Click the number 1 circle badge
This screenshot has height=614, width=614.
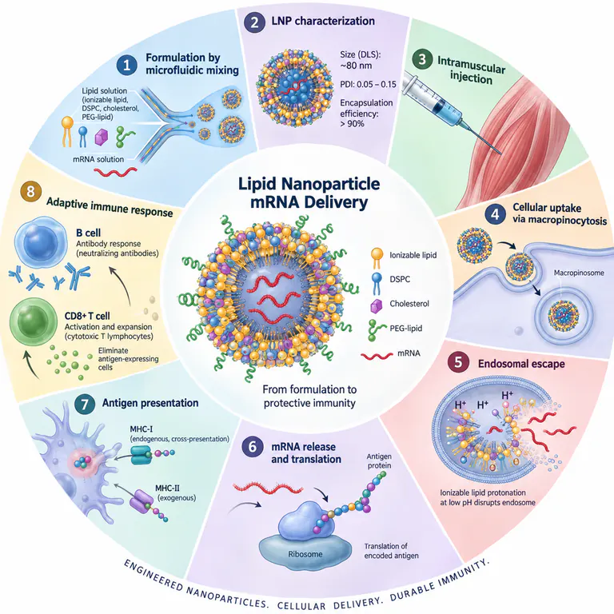click(x=126, y=65)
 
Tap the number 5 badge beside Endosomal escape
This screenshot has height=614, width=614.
click(x=458, y=362)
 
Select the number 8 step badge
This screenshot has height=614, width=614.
click(x=30, y=192)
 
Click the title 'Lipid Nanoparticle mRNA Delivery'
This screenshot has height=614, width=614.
click(x=309, y=193)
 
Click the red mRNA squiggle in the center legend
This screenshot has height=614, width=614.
click(x=377, y=356)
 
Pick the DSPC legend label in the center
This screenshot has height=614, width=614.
click(x=400, y=279)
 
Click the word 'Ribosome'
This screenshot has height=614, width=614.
click(x=305, y=554)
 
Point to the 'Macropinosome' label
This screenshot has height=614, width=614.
click(x=579, y=273)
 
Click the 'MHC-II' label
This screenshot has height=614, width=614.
click(x=167, y=488)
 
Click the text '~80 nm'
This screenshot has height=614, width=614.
click(x=356, y=66)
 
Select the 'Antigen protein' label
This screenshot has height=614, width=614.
click(x=379, y=460)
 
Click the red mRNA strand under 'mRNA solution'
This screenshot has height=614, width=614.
click(x=115, y=172)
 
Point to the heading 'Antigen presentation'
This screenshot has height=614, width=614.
click(x=150, y=403)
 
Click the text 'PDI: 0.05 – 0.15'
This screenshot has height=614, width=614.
click(x=368, y=84)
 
